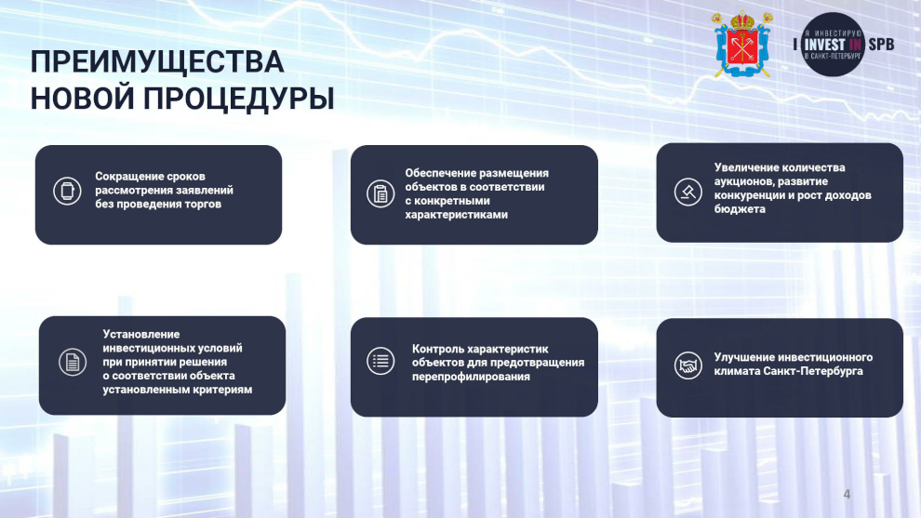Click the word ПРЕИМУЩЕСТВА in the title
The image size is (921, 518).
point(157,62)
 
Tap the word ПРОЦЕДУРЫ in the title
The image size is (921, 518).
point(239,98)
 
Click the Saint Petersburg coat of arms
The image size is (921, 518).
point(742,45)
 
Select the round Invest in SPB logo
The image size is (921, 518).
point(833,45)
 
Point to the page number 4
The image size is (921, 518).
point(847,494)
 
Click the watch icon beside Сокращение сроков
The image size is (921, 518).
point(67,191)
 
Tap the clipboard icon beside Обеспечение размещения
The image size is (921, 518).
point(380,193)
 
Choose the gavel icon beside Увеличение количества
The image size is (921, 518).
point(687,192)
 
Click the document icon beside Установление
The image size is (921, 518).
point(73,362)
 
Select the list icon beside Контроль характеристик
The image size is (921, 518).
point(380,361)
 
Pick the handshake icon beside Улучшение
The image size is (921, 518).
point(687,365)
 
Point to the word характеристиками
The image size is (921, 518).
point(457,215)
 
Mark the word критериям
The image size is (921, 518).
point(225,390)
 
